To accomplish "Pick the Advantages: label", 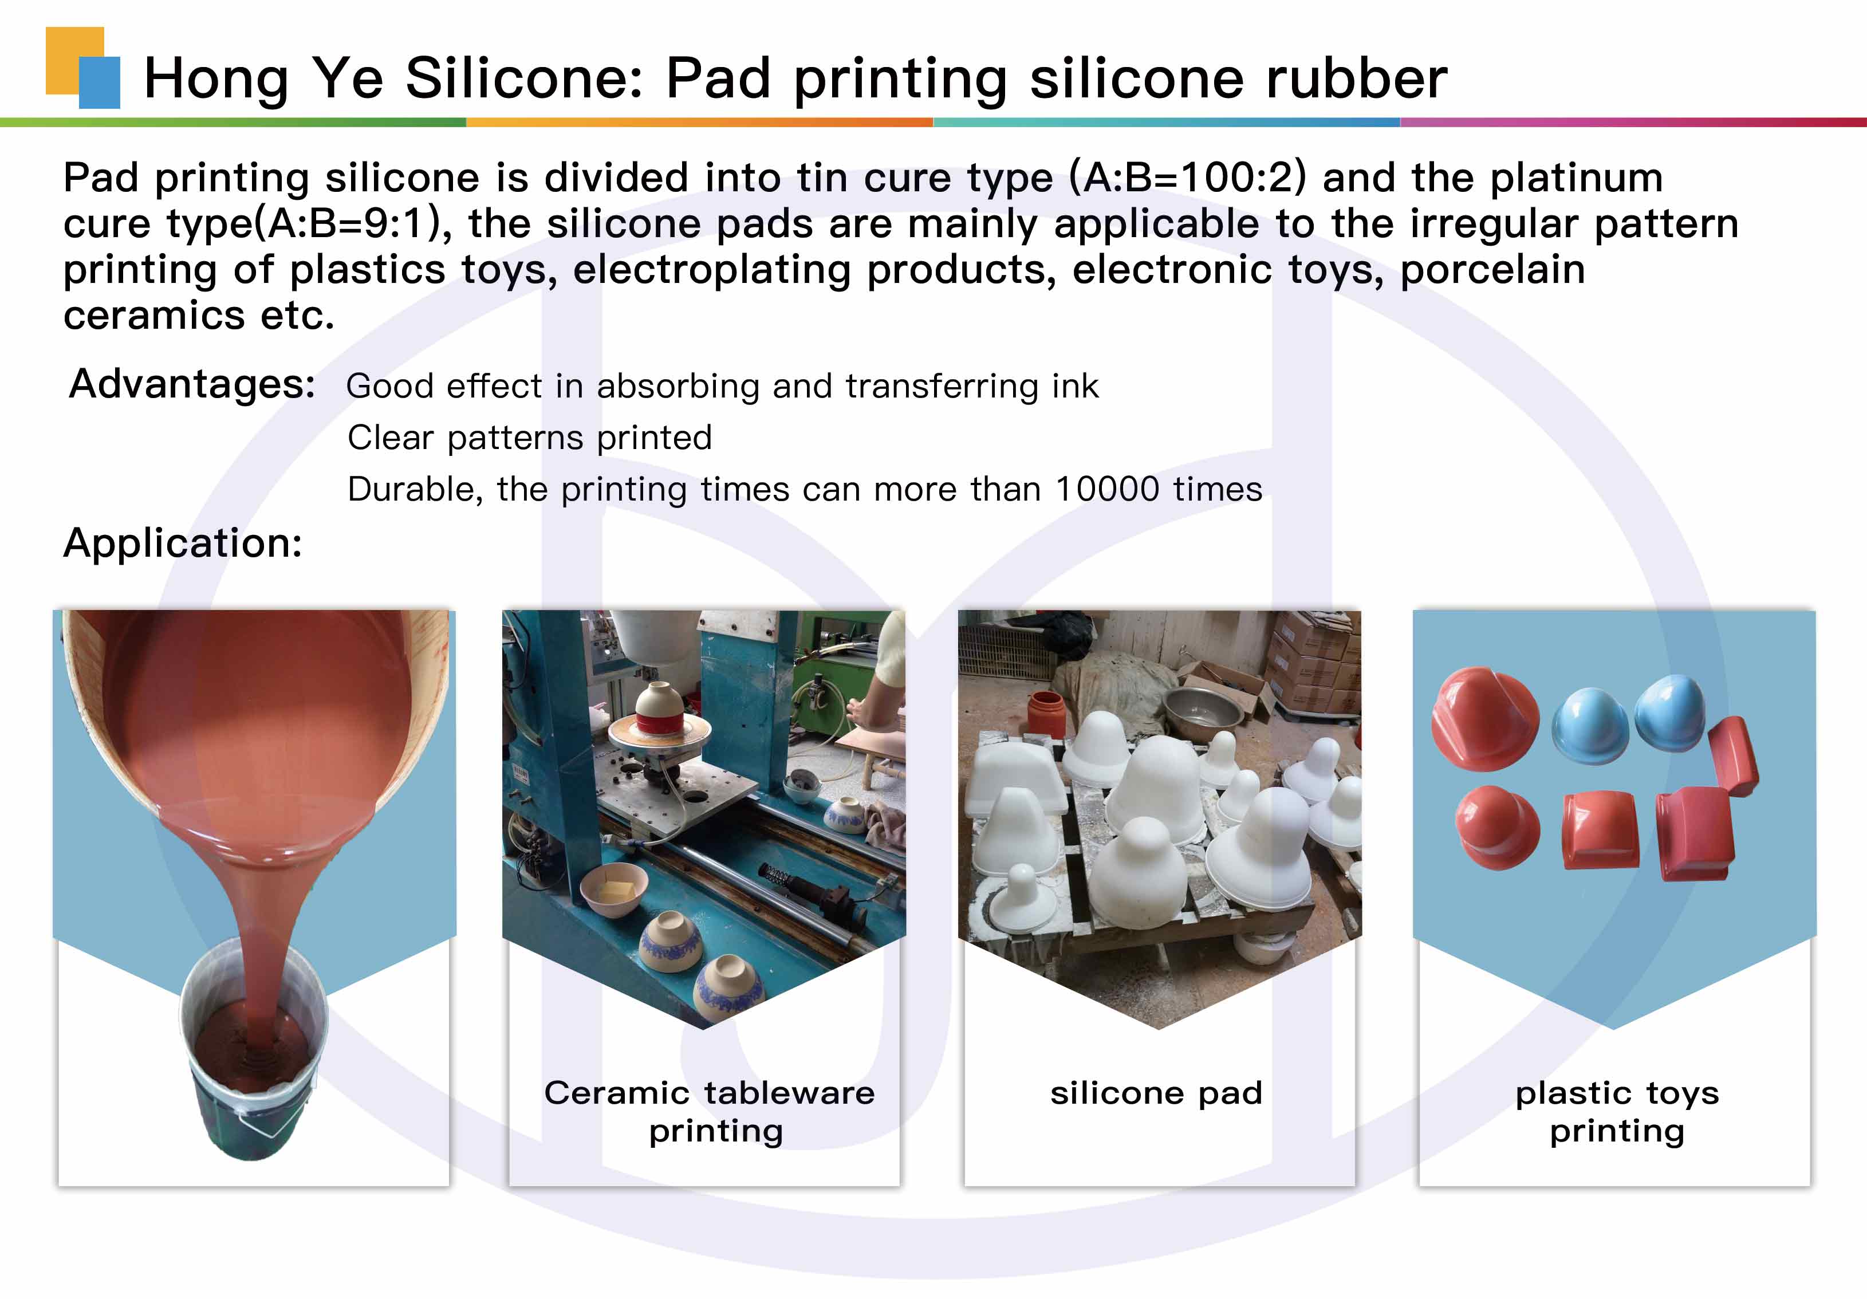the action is (x=192, y=385).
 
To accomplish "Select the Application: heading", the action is (x=183, y=542).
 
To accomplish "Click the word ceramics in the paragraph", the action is (x=153, y=316).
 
